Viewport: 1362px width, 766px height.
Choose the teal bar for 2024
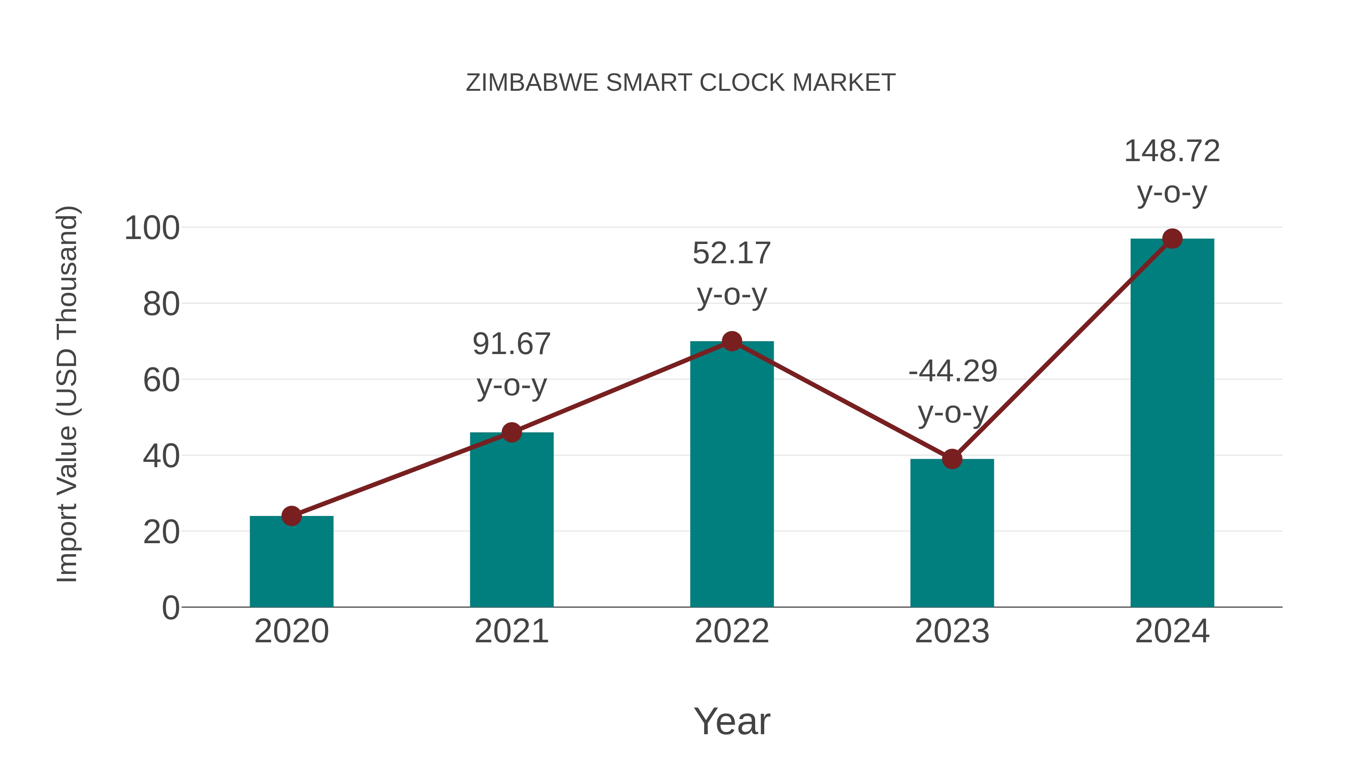coord(1172,423)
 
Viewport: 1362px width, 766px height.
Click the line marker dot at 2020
coord(291,516)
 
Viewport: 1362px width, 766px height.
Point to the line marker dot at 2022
coord(732,342)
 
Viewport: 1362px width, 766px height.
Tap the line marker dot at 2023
coord(952,459)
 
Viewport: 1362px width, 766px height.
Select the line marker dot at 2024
coord(1172,239)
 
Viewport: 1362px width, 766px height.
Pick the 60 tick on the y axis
coord(161,380)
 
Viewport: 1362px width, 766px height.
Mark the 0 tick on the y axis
coord(170,608)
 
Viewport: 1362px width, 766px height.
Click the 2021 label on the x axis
coord(511,631)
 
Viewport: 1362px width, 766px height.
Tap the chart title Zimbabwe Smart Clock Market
coord(681,83)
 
